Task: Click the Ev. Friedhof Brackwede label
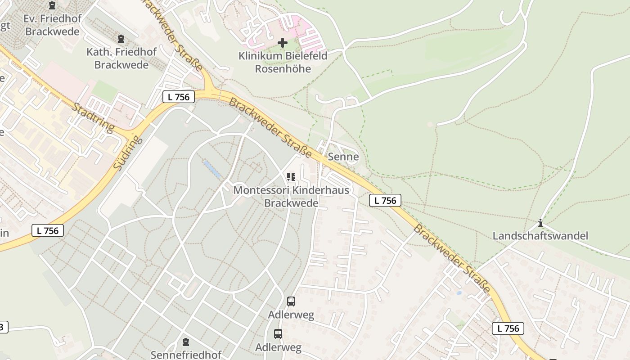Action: [x=52, y=25]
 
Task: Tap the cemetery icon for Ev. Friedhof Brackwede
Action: [x=52, y=6]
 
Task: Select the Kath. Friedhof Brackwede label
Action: [x=121, y=58]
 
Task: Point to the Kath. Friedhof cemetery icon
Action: [x=121, y=39]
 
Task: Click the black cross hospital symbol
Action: [x=283, y=43]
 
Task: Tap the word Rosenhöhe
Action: [x=283, y=69]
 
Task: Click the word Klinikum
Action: [x=260, y=56]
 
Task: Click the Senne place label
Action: [x=343, y=157]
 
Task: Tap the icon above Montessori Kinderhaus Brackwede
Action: [x=291, y=177]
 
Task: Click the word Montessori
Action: [x=261, y=190]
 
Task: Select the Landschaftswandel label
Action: [x=540, y=236]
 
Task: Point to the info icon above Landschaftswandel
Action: [x=540, y=223]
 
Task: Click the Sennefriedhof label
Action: [x=186, y=355]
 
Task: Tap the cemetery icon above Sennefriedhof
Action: [x=186, y=342]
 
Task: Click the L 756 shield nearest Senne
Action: [x=385, y=200]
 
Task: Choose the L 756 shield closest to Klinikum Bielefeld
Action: [x=179, y=96]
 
